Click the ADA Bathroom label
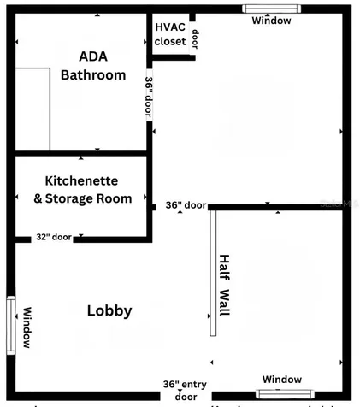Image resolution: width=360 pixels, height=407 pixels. (x=92, y=66)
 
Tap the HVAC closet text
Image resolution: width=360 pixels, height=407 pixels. (x=170, y=33)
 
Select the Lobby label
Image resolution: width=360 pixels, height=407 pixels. (x=109, y=310)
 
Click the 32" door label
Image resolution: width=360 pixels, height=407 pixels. (x=54, y=237)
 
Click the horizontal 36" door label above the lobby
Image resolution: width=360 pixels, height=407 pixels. (x=186, y=205)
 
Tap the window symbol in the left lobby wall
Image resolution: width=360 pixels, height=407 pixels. (x=11, y=324)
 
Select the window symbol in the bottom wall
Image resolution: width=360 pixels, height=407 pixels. (x=281, y=394)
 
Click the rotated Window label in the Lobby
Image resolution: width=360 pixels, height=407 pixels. (x=27, y=327)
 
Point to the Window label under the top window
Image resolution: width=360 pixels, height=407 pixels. (x=271, y=21)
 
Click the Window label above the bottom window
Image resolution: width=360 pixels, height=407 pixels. (x=281, y=379)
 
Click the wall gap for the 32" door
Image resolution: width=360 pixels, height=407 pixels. (x=53, y=240)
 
